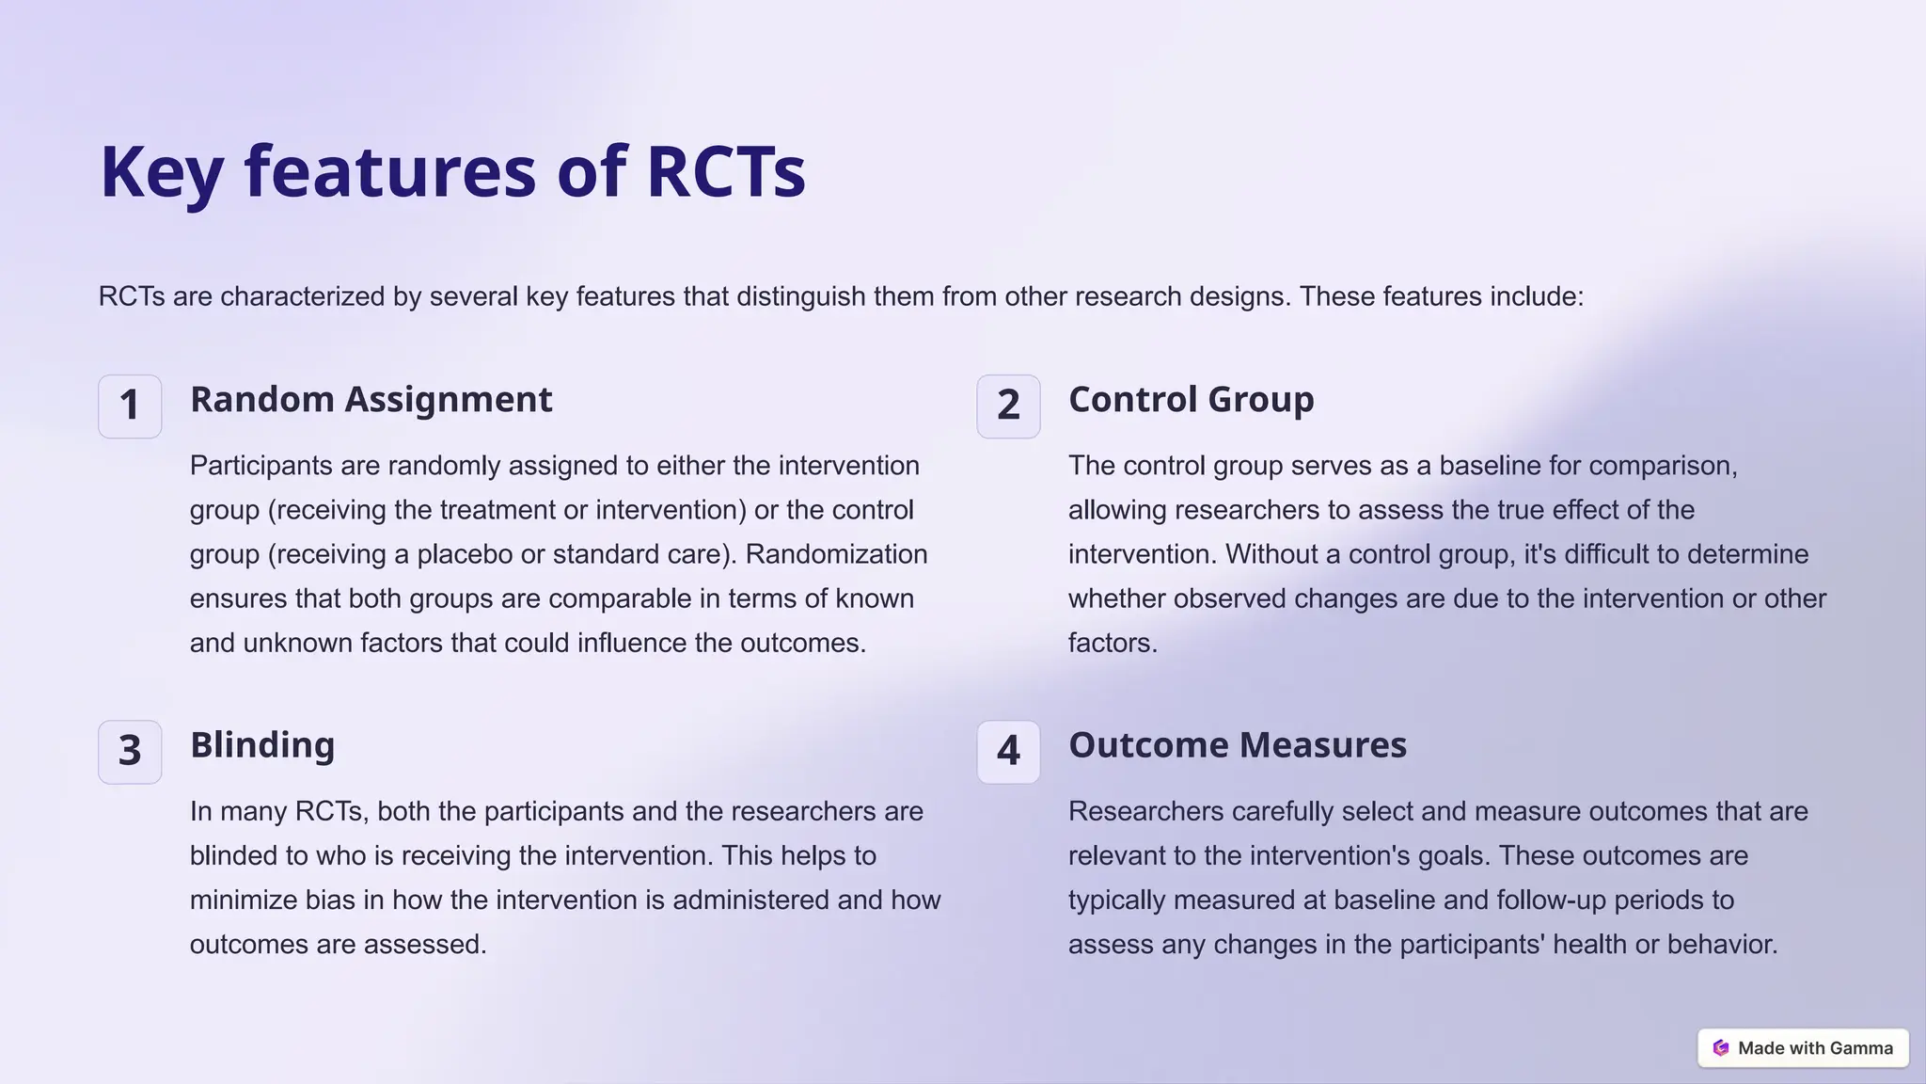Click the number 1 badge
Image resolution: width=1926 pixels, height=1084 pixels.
[130, 406]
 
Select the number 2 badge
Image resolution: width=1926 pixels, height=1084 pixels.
[1008, 406]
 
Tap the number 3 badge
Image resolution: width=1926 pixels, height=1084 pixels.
[130, 752]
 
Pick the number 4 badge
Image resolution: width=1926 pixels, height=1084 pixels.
[1008, 752]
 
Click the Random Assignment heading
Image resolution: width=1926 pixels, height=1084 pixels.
[371, 400]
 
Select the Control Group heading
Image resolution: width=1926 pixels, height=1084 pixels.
[1192, 400]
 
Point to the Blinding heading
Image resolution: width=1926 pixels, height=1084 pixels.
[262, 745]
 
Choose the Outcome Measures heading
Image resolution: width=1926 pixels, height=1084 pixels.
[1238, 745]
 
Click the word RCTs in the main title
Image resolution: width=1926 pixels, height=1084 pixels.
[726, 172]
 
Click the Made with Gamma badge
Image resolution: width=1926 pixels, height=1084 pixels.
[1803, 1048]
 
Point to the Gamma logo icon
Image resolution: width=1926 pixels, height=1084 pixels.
[1721, 1048]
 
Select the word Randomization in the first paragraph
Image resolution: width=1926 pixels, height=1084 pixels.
[836, 554]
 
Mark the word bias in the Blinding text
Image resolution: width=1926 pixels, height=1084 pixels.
[330, 901]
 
